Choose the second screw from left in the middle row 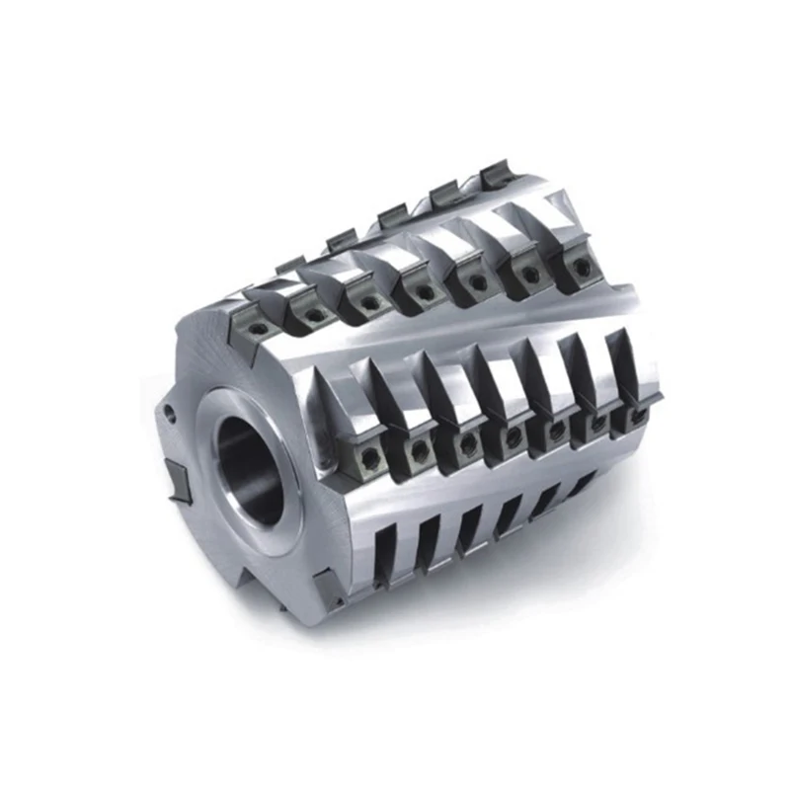coord(421,450)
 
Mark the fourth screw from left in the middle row coord(513,434)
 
